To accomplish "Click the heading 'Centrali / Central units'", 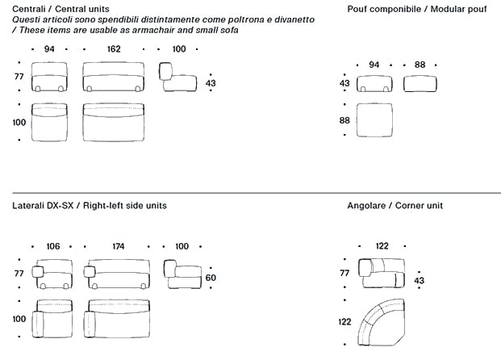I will (61, 9).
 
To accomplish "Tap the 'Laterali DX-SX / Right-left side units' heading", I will (90, 206).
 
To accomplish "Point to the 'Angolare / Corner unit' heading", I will (395, 206).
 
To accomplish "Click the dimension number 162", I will (114, 49).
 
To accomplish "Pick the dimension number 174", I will (118, 246).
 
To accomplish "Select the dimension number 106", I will (53, 246).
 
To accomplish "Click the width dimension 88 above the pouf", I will (420, 65).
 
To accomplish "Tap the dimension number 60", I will (211, 278).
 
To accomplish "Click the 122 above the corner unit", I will (382, 246).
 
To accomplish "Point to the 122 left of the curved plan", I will (345, 322).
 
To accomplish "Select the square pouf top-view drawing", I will (374, 120).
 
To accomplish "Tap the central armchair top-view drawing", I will (49, 122).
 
